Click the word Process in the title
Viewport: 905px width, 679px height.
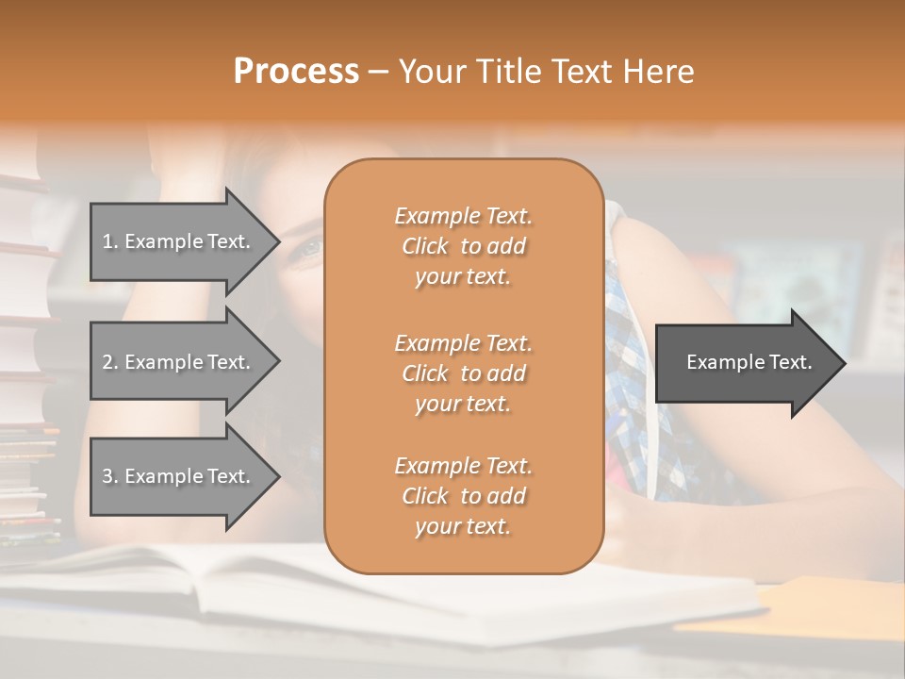[x=296, y=72]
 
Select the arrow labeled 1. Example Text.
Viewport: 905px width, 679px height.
[x=179, y=241]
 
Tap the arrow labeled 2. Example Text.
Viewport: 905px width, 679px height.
[x=179, y=362]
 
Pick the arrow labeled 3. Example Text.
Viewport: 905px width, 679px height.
[x=179, y=476]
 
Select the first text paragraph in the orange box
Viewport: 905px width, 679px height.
[x=463, y=246]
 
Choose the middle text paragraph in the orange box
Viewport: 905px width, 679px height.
[x=463, y=373]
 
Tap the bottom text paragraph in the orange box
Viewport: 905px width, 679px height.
[x=463, y=495]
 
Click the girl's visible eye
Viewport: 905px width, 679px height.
[x=309, y=249]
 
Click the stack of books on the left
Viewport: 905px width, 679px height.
[x=28, y=358]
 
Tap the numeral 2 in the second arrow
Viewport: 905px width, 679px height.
[x=107, y=362]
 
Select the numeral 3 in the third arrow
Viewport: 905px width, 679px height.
[x=107, y=476]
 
